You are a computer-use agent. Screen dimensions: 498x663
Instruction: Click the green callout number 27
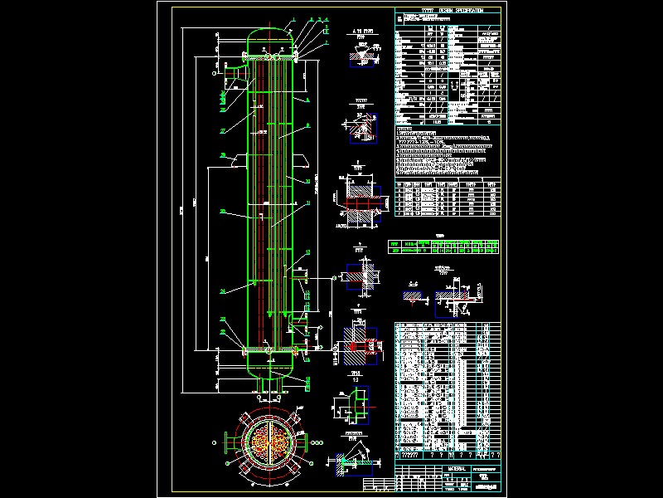pyautogui.click(x=223, y=131)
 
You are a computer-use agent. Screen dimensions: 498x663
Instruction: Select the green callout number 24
pyautogui.click(x=223, y=290)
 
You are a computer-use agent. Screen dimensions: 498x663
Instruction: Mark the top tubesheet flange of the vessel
pyautogui.click(x=271, y=56)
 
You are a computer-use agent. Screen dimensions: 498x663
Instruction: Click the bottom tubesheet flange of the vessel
pyautogui.click(x=271, y=351)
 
